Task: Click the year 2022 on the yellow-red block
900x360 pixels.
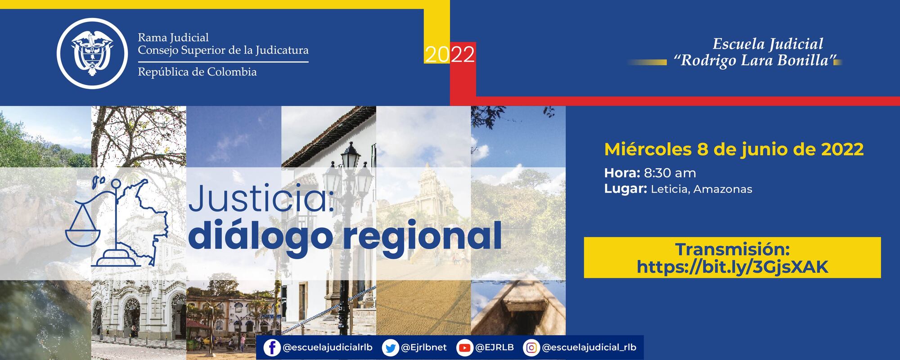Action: pyautogui.click(x=450, y=54)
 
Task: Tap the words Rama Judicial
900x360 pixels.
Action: pyautogui.click(x=173, y=37)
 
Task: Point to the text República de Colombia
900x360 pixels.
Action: pyautogui.click(x=197, y=72)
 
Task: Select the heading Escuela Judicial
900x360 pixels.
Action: pyautogui.click(x=768, y=44)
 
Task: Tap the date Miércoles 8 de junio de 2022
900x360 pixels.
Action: pyautogui.click(x=733, y=149)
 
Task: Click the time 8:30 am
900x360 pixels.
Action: pyautogui.click(x=670, y=173)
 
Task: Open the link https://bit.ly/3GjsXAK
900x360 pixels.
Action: pyautogui.click(x=732, y=267)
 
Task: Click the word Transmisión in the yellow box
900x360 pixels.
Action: pyautogui.click(x=732, y=249)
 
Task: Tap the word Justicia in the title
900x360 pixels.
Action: pyautogui.click(x=260, y=201)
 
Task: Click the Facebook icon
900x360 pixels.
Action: pyautogui.click(x=271, y=348)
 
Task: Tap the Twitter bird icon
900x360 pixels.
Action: pyautogui.click(x=390, y=348)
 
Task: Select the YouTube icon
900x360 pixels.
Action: pyautogui.click(x=464, y=348)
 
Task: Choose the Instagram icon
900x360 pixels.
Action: pyautogui.click(x=531, y=348)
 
